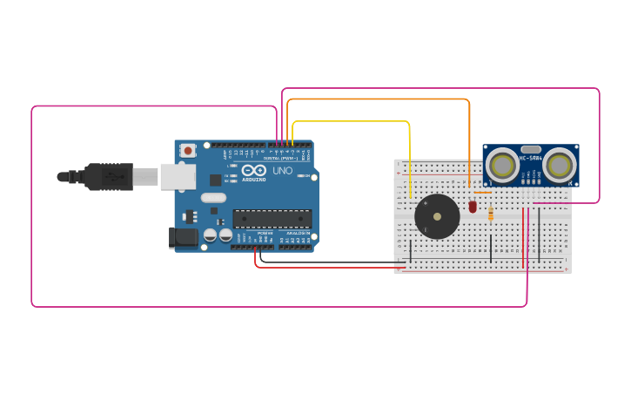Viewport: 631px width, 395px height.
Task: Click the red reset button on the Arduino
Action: click(x=188, y=151)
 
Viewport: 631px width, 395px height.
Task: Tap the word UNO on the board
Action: click(x=283, y=171)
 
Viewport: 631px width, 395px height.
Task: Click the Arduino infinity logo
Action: click(x=254, y=170)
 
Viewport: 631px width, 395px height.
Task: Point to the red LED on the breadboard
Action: click(x=473, y=207)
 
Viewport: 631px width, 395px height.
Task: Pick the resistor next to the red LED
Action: click(x=491, y=213)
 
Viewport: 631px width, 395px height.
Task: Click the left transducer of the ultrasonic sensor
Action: click(x=500, y=165)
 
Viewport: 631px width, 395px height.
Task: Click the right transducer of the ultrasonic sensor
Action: click(x=560, y=165)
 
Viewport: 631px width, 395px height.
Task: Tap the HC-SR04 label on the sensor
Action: click(x=530, y=158)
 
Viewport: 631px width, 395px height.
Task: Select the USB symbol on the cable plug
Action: click(x=111, y=176)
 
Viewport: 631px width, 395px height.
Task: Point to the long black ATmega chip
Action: click(x=271, y=218)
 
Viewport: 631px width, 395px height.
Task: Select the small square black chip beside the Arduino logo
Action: click(x=215, y=180)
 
